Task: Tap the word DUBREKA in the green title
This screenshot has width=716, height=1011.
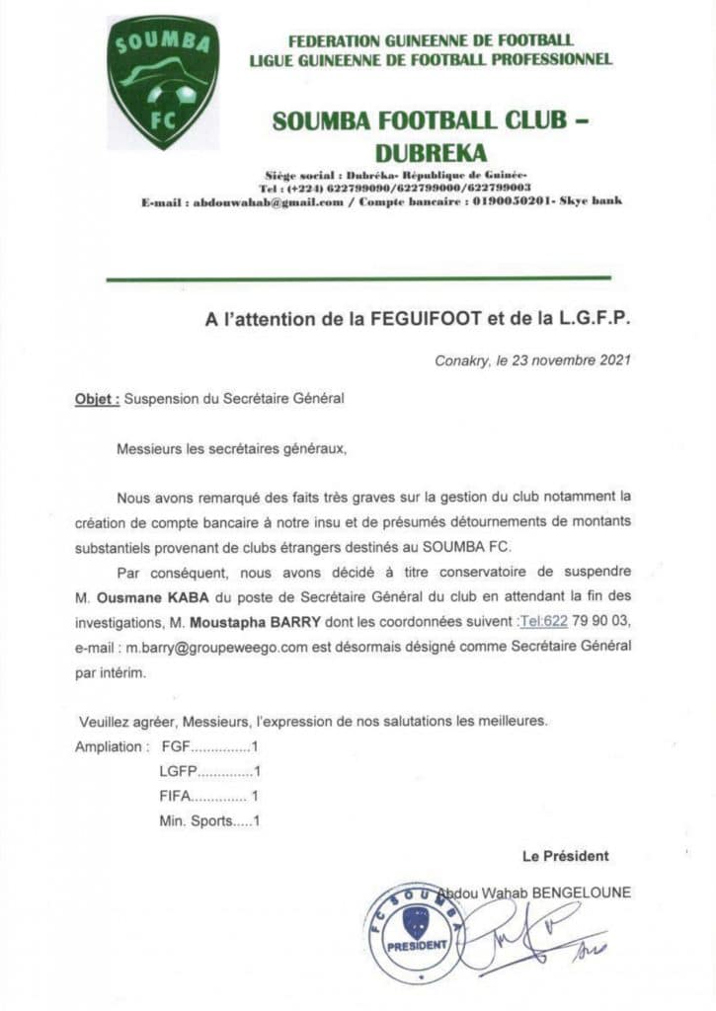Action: (x=431, y=153)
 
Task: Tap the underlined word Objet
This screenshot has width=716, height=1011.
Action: (x=97, y=400)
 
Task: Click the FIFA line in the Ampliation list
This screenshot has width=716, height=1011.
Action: (x=209, y=796)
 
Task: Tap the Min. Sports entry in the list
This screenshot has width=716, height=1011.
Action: (x=209, y=820)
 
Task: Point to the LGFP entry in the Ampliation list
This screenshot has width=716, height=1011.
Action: (x=209, y=771)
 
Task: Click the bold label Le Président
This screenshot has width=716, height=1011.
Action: (x=566, y=856)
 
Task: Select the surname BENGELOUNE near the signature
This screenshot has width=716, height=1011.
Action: (x=581, y=893)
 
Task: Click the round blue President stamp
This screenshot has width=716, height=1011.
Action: (x=414, y=932)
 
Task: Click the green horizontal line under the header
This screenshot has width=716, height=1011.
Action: (x=358, y=279)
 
